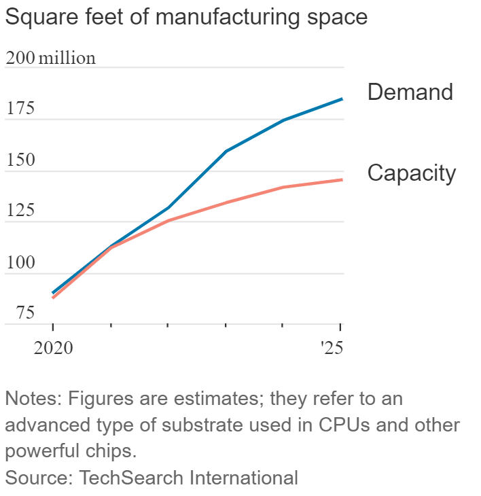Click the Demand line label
tap(410, 92)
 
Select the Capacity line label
tap(411, 173)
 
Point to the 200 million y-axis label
tap(50, 58)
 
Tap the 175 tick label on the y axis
tap(20, 109)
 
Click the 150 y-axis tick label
tap(20, 161)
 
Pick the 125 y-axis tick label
tap(20, 211)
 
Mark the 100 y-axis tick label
tap(20, 263)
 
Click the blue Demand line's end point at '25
tap(342, 99)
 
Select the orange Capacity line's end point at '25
tap(342, 180)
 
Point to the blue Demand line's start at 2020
tap(53, 293)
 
